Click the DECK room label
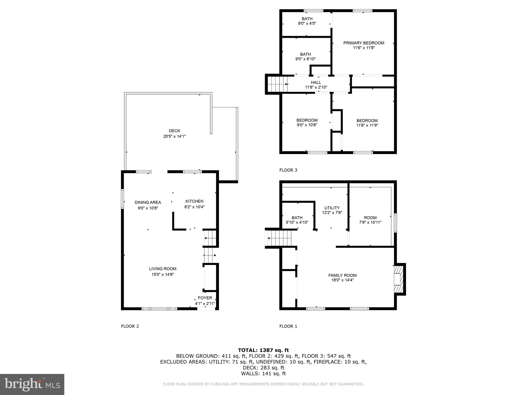click(174, 131)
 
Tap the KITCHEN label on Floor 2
click(195, 201)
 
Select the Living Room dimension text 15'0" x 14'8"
click(163, 274)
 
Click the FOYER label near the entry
click(205, 298)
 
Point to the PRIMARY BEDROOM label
click(364, 43)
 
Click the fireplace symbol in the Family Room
click(399, 279)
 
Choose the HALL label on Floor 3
click(316, 83)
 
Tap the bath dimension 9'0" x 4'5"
click(307, 23)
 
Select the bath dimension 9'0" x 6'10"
click(305, 59)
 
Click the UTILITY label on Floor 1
click(332, 208)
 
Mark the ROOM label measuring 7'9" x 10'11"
click(370, 218)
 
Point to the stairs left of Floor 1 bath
click(279, 238)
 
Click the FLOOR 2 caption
click(130, 326)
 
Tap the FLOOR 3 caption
click(288, 170)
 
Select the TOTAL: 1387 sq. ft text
click(263, 350)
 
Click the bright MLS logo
click(32, 384)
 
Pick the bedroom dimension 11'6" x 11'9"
click(367, 125)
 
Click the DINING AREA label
click(148, 202)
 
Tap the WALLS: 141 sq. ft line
click(263, 373)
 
